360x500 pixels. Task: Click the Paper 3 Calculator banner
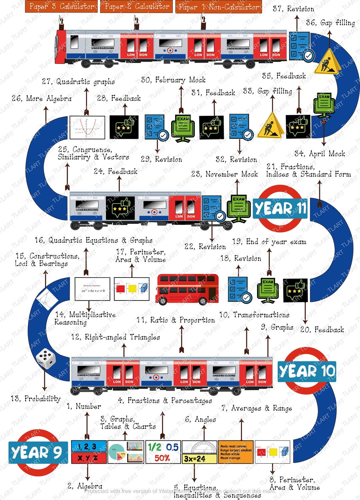tap(61, 6)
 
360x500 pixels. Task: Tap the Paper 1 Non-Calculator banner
tap(218, 7)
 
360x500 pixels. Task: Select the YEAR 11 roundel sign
tap(280, 209)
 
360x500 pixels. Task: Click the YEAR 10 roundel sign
tap(307, 371)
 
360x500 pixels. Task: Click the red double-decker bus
tap(187, 289)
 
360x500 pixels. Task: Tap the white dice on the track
tap(46, 358)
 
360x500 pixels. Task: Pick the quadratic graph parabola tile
tap(87, 127)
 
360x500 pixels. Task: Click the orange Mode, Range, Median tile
tap(236, 452)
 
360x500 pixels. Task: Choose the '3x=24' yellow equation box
tap(195, 459)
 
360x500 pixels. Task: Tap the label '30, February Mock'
tap(173, 80)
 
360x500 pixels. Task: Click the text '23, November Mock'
tap(224, 174)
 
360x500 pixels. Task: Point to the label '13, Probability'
tap(36, 399)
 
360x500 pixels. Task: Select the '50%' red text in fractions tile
tap(162, 458)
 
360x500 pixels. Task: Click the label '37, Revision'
tap(293, 9)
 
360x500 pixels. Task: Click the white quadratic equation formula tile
tap(92, 289)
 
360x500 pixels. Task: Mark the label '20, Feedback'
tap(322, 330)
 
